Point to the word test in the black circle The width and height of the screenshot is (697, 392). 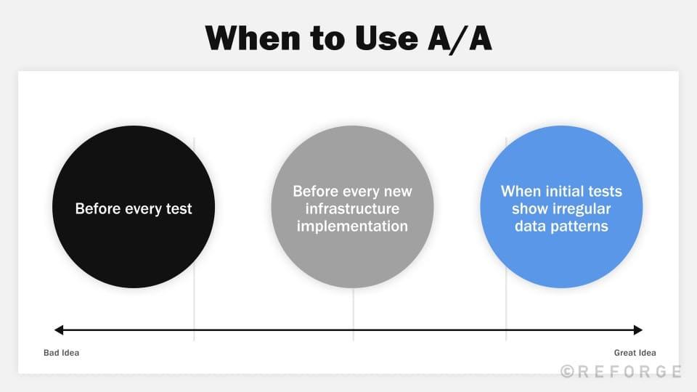(178, 209)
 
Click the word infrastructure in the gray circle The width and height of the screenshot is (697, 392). (352, 209)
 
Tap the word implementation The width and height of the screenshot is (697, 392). (352, 226)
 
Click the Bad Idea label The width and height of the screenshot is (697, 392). (61, 353)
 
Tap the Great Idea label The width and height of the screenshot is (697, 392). (635, 353)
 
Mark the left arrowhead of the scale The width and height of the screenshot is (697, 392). (59, 330)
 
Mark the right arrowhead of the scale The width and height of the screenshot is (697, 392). (638, 330)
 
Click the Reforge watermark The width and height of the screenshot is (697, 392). (621, 372)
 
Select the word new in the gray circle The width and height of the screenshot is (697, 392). (397, 192)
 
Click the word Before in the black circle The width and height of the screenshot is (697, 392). (98, 209)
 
